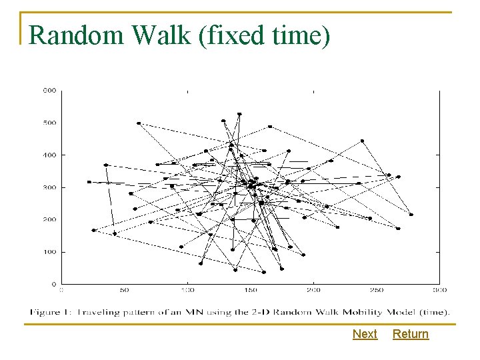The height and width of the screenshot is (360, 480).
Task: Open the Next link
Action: tap(365, 334)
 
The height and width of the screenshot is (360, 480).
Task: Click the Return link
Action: tap(411, 334)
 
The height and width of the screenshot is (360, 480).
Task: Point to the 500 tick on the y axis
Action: tap(49, 123)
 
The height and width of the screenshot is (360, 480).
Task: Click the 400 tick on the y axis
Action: tap(49, 155)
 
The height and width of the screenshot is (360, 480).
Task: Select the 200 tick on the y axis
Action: tap(49, 219)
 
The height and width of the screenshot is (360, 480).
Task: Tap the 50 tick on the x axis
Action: tap(124, 290)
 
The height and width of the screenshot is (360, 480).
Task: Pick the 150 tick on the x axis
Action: tap(250, 290)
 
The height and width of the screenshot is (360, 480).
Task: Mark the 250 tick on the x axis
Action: tap(376, 290)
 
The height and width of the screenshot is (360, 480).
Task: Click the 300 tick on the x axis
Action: tap(439, 290)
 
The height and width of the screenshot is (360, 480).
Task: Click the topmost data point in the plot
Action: tap(239, 114)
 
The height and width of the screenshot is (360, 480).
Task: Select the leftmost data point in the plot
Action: tap(89, 182)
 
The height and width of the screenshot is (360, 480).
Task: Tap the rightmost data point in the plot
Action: tap(411, 215)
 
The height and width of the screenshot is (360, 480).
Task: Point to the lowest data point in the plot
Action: tap(263, 272)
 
